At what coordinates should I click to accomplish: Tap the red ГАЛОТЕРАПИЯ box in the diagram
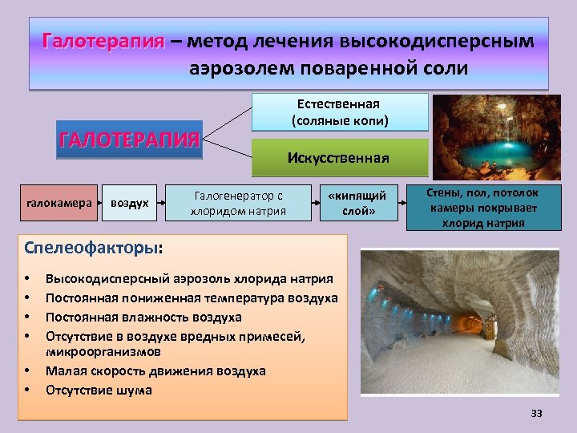point(128,140)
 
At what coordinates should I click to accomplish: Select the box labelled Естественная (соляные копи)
point(340,113)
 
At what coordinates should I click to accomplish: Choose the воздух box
point(129,203)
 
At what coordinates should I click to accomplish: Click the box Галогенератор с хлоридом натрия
point(238,204)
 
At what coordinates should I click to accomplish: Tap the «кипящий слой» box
point(359,204)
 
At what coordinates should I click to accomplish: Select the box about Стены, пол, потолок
point(482,208)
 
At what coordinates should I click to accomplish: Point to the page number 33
point(536,413)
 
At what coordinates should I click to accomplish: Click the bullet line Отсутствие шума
point(99,391)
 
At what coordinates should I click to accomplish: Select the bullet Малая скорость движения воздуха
point(155,371)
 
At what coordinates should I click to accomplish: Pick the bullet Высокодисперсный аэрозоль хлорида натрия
point(189,278)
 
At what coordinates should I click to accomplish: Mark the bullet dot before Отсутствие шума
point(28,391)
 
